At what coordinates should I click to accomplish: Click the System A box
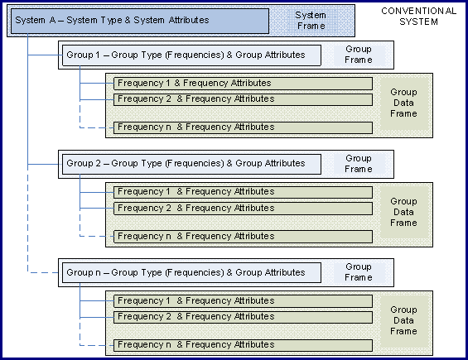click(x=140, y=21)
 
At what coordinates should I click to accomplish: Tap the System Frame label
click(x=311, y=21)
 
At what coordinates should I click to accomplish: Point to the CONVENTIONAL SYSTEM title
click(x=419, y=17)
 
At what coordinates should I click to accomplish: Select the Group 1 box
click(x=191, y=55)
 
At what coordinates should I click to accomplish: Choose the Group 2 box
click(x=191, y=164)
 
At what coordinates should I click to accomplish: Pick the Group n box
click(x=191, y=272)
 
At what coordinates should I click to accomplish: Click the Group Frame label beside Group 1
click(x=359, y=55)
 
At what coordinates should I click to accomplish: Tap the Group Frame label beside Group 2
click(x=359, y=164)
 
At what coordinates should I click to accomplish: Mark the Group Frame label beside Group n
click(x=359, y=272)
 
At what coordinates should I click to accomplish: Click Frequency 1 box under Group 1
click(x=243, y=84)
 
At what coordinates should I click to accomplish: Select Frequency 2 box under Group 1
click(x=243, y=99)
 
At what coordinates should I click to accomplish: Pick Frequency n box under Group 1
click(x=243, y=127)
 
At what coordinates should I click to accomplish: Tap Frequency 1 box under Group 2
click(x=243, y=192)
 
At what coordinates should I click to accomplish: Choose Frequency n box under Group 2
click(x=243, y=237)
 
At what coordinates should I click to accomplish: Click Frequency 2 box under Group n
click(x=243, y=317)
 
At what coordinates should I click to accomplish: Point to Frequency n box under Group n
click(x=243, y=345)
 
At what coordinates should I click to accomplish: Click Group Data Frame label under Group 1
click(x=403, y=103)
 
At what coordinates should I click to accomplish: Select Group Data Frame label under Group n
click(x=403, y=320)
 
